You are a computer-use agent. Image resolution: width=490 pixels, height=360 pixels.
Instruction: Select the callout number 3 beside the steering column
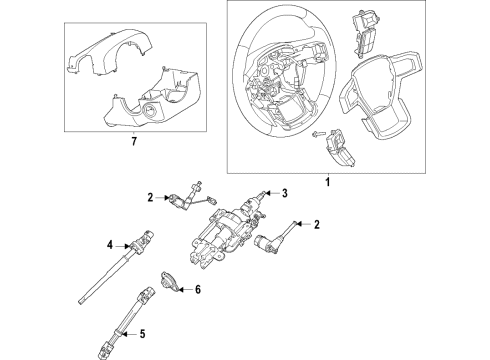tap(284, 194)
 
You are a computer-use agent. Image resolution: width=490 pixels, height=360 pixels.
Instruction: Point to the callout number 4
tap(109, 243)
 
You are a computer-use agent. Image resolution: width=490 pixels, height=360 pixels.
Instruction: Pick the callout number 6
tap(198, 290)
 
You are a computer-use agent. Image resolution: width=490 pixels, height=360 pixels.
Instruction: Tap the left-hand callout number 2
tap(151, 198)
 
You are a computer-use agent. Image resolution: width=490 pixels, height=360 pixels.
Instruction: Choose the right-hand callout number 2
tap(316, 225)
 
